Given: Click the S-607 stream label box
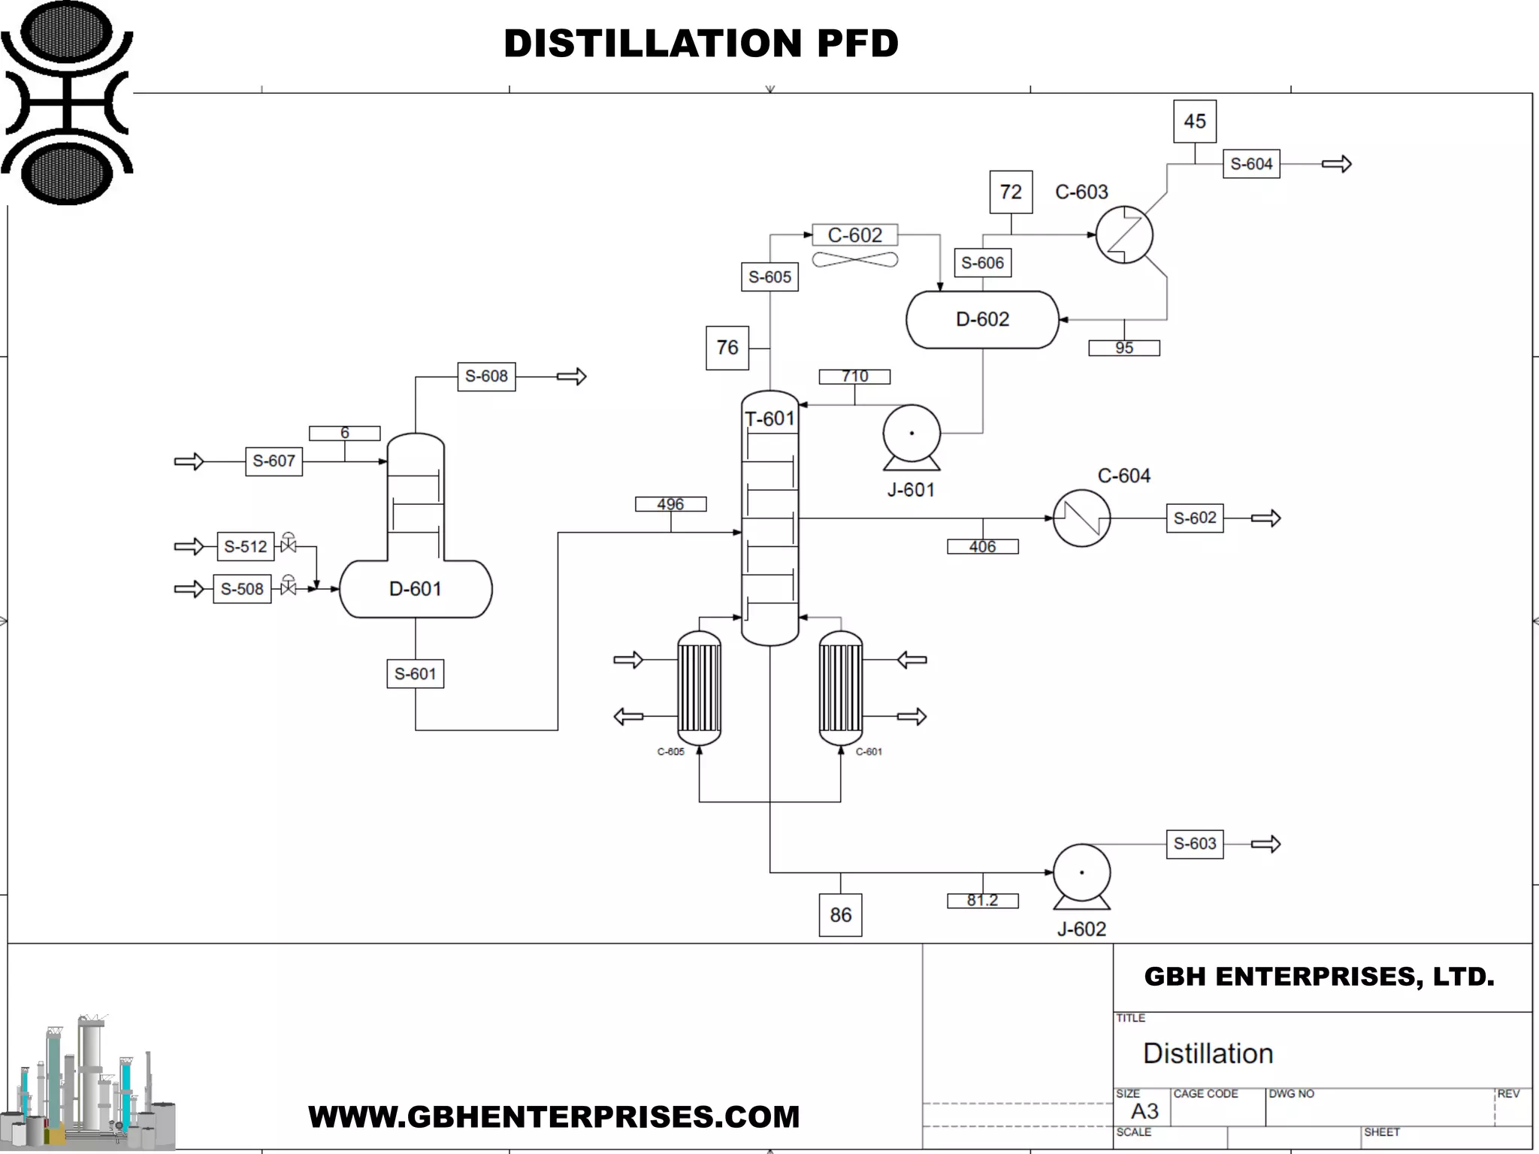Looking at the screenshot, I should click(274, 461).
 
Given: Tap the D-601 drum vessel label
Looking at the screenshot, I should click(415, 589).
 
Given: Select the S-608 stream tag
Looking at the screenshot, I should click(486, 376).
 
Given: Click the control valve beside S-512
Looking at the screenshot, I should click(288, 545).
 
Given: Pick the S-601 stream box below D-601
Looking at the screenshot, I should click(415, 674).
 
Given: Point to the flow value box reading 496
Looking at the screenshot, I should click(670, 504).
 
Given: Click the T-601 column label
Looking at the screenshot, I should click(769, 418).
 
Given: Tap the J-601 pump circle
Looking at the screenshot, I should click(912, 434).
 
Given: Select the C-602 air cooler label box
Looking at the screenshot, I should click(854, 235).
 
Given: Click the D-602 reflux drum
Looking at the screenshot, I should click(982, 319).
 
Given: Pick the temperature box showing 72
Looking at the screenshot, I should click(1011, 192).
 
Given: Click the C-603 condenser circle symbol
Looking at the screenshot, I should click(1124, 234).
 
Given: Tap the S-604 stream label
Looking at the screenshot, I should click(1251, 164).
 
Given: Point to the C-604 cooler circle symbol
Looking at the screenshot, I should click(1081, 518).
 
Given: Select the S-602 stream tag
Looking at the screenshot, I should click(1195, 518).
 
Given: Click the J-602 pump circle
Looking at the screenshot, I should click(1081, 873).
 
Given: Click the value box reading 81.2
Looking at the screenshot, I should click(982, 901).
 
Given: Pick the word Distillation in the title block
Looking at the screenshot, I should click(1208, 1053).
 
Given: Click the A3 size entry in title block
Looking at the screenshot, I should click(1144, 1111).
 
